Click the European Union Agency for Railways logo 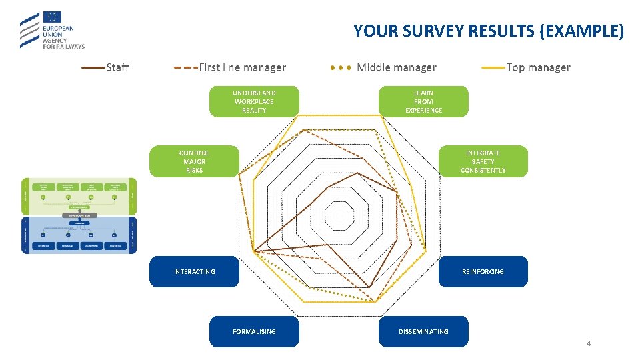pyautogui.click(x=52, y=31)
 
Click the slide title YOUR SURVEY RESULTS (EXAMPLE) pyautogui.click(x=488, y=31)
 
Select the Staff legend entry pyautogui.click(x=117, y=67)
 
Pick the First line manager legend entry pyautogui.click(x=242, y=67)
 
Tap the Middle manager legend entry pyautogui.click(x=396, y=67)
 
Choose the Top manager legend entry pyautogui.click(x=538, y=67)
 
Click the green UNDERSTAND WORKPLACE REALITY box pyautogui.click(x=254, y=101)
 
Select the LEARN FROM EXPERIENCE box pyautogui.click(x=423, y=101)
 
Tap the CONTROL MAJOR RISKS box pyautogui.click(x=194, y=161)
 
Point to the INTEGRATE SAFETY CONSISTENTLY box pyautogui.click(x=483, y=161)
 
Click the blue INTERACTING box pyautogui.click(x=194, y=271)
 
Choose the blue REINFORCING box pyautogui.click(x=483, y=271)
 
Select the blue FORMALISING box pyautogui.click(x=254, y=331)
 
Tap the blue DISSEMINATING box pyautogui.click(x=423, y=331)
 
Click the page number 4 pyautogui.click(x=589, y=343)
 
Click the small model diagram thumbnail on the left pyautogui.click(x=79, y=215)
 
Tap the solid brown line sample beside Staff pyautogui.click(x=93, y=67)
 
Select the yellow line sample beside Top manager pyautogui.click(x=493, y=67)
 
